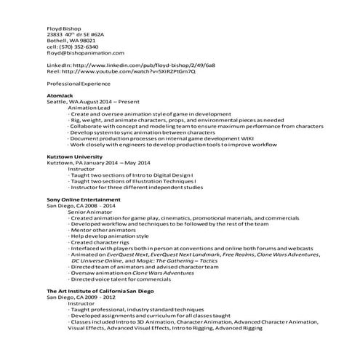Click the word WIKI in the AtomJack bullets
(270, 138)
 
